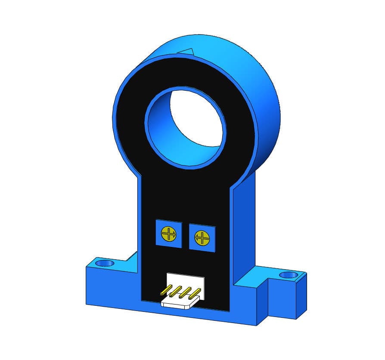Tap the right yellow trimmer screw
point(201,237)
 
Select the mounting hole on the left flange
point(104,262)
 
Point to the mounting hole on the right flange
point(288,275)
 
